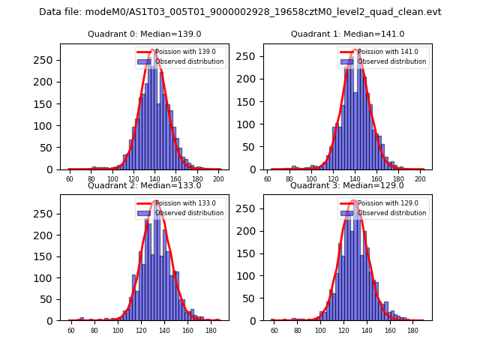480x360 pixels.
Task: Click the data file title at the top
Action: click(240, 12)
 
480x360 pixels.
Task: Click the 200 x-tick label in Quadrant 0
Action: click(218, 180)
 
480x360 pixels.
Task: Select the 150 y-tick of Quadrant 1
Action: click(250, 102)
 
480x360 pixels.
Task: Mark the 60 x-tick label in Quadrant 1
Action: click(268, 180)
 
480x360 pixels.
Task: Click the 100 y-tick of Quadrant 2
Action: click(46, 278)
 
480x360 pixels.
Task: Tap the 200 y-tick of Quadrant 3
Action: click(250, 235)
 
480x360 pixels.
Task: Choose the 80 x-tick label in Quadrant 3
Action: click(298, 331)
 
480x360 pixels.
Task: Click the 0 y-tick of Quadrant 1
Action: click(255, 169)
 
